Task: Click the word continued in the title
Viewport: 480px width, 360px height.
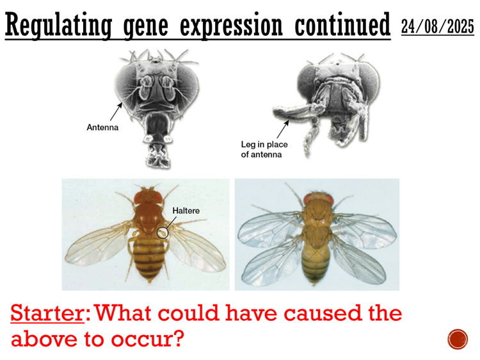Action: (x=342, y=26)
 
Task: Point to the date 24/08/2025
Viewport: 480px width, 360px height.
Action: (x=438, y=27)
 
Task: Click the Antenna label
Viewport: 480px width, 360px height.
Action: (x=103, y=127)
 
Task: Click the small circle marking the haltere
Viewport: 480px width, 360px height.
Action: (x=163, y=232)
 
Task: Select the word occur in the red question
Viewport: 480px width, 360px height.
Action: (x=148, y=338)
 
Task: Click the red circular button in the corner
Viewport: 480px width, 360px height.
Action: (x=458, y=339)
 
